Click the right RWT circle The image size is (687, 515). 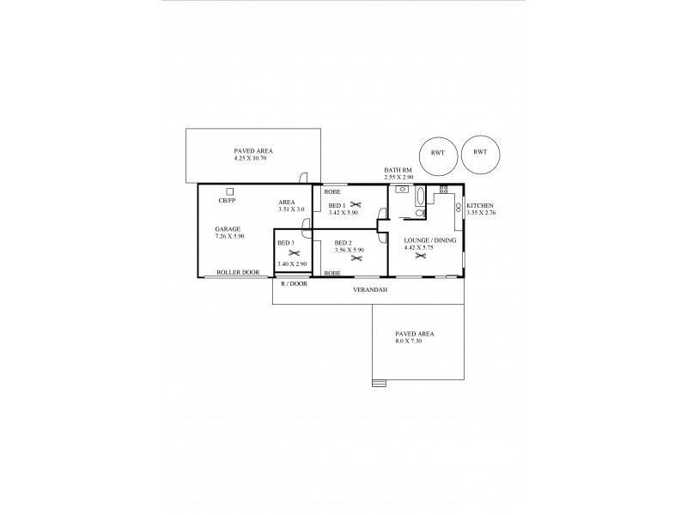click(x=479, y=153)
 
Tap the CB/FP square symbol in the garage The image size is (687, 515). click(x=230, y=191)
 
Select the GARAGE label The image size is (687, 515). click(x=228, y=229)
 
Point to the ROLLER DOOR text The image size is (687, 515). click(x=238, y=272)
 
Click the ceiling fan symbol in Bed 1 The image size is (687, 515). click(x=355, y=205)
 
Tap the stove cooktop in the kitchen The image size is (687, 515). click(x=444, y=189)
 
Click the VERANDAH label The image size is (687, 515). click(x=370, y=290)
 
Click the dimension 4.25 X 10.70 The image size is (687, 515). click(x=253, y=159)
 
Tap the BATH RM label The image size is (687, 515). click(x=398, y=170)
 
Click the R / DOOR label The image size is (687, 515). click(x=293, y=282)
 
